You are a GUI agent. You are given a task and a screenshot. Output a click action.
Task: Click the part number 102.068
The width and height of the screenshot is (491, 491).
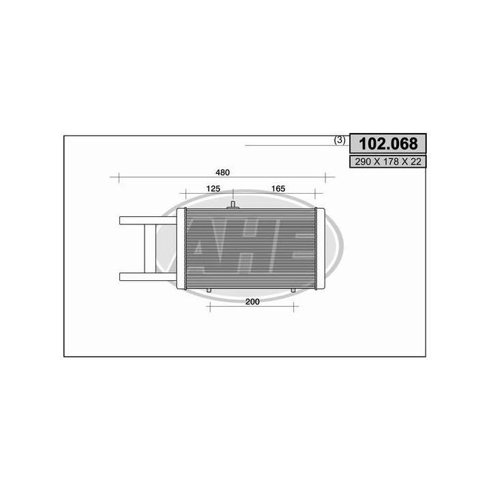click(x=388, y=144)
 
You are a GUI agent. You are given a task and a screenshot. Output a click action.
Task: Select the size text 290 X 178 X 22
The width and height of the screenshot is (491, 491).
click(x=388, y=162)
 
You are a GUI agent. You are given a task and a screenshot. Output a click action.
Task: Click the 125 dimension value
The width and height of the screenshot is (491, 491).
click(x=212, y=188)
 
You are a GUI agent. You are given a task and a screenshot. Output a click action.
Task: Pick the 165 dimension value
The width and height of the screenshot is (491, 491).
click(x=277, y=188)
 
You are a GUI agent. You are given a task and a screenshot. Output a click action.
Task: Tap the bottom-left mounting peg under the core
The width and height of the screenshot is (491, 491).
click(x=209, y=291)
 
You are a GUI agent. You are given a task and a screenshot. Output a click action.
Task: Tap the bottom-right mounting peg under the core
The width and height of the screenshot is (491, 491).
click(x=294, y=291)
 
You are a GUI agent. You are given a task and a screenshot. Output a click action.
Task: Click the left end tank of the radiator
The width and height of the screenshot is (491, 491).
click(x=181, y=248)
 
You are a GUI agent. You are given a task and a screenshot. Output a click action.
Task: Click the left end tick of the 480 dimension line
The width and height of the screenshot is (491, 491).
click(x=119, y=179)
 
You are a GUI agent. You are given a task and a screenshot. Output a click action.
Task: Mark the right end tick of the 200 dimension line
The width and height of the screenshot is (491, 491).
click(x=298, y=308)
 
